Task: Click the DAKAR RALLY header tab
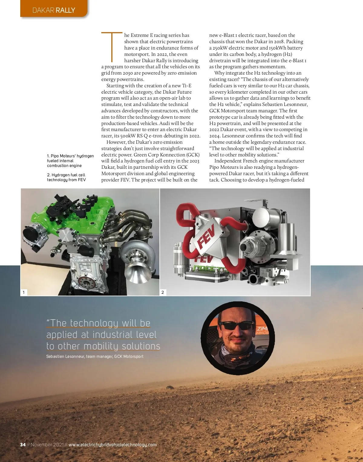pyautogui.click(x=54, y=10)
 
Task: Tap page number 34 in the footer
pyautogui.click(x=23, y=444)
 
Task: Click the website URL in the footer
pyautogui.click(x=113, y=444)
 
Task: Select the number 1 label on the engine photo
pyautogui.click(x=24, y=292)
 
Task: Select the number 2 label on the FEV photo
pyautogui.click(x=163, y=292)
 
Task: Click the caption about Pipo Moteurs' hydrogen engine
pyautogui.click(x=70, y=161)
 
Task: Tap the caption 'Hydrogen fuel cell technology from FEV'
pyautogui.click(x=66, y=177)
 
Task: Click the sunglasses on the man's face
pyautogui.click(x=237, y=326)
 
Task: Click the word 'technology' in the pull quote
pyautogui.click(x=94, y=323)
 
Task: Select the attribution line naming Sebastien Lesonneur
pyautogui.click(x=95, y=356)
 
